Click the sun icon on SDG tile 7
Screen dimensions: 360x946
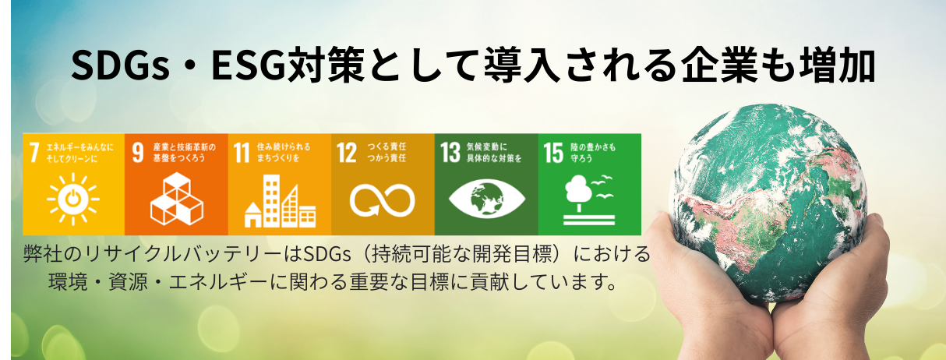click(x=73, y=200)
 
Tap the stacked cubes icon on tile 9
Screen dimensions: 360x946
click(x=176, y=199)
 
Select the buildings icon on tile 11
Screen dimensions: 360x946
click(x=280, y=201)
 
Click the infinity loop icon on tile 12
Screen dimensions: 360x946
click(x=383, y=200)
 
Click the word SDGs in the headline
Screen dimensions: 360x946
click(x=121, y=67)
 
